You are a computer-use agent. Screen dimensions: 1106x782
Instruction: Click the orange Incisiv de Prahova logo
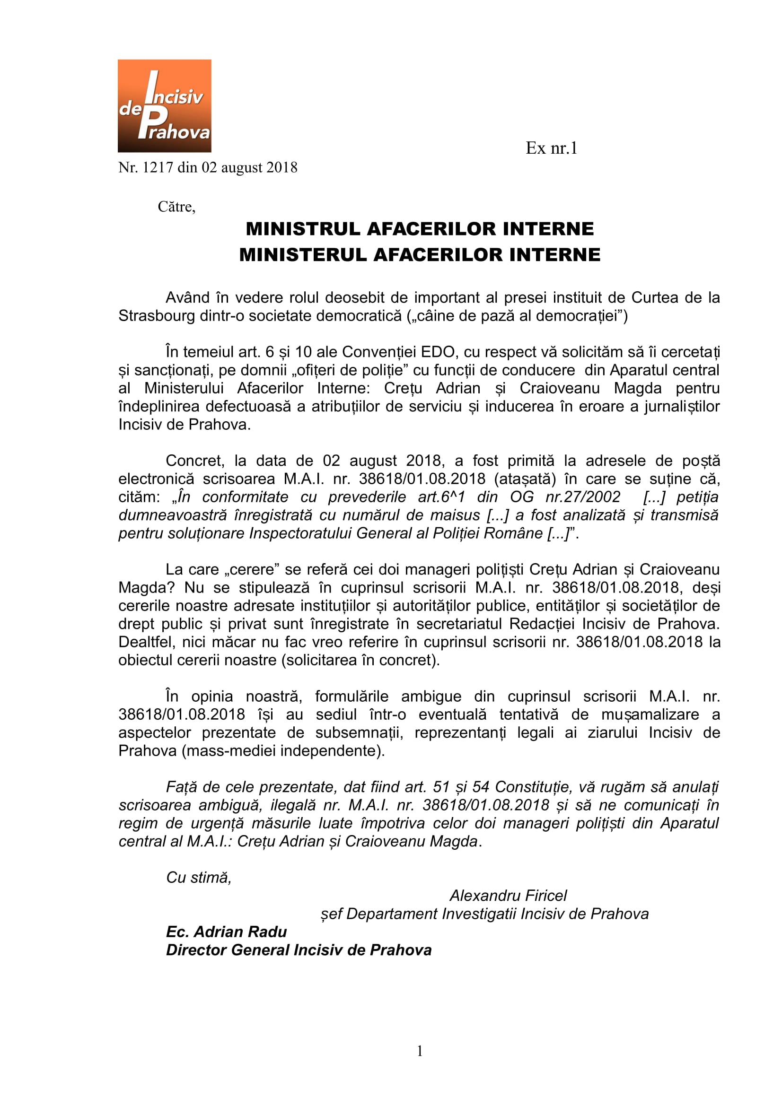tap(164, 106)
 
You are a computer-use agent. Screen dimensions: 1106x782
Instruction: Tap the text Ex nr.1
tap(551, 148)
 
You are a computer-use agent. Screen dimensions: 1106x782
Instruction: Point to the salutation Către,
tap(176, 207)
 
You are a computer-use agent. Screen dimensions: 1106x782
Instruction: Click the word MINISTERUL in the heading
tap(303, 254)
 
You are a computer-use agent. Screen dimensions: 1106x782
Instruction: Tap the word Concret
tap(194, 461)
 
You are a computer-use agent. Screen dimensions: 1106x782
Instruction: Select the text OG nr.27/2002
tap(565, 497)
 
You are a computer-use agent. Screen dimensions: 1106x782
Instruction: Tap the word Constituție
tap(532, 787)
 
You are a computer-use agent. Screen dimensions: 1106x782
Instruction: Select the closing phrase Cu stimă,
tap(199, 877)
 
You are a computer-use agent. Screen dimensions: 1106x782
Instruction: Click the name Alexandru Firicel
tap(509, 896)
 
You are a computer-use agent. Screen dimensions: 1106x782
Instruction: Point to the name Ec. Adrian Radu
tap(227, 932)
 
